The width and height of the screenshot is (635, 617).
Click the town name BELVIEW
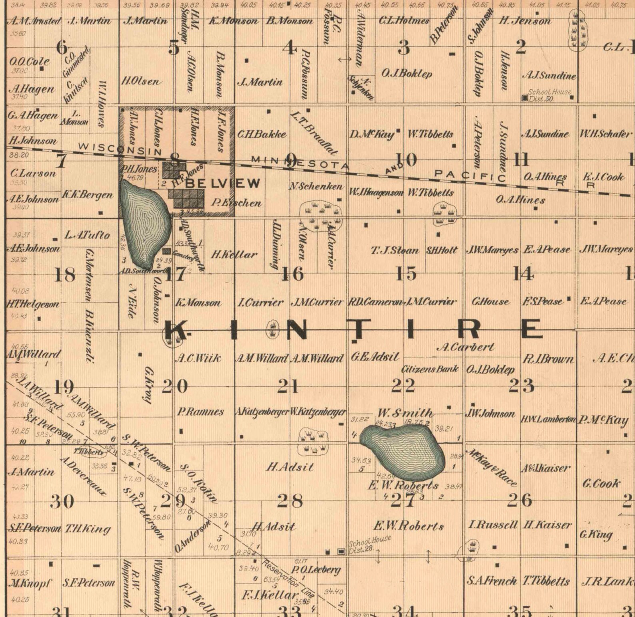click(x=223, y=184)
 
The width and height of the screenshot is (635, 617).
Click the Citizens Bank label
click(x=430, y=369)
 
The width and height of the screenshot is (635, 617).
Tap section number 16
click(x=293, y=275)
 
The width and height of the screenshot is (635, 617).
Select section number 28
click(x=290, y=501)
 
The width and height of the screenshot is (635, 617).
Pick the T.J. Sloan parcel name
click(x=395, y=251)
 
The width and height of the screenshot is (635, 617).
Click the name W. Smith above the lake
click(x=405, y=413)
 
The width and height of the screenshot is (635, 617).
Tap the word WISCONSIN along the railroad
click(x=120, y=149)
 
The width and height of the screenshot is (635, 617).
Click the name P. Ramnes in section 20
click(x=200, y=412)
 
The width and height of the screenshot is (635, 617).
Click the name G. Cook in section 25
click(x=601, y=484)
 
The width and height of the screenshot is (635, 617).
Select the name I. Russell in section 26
click(x=492, y=525)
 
